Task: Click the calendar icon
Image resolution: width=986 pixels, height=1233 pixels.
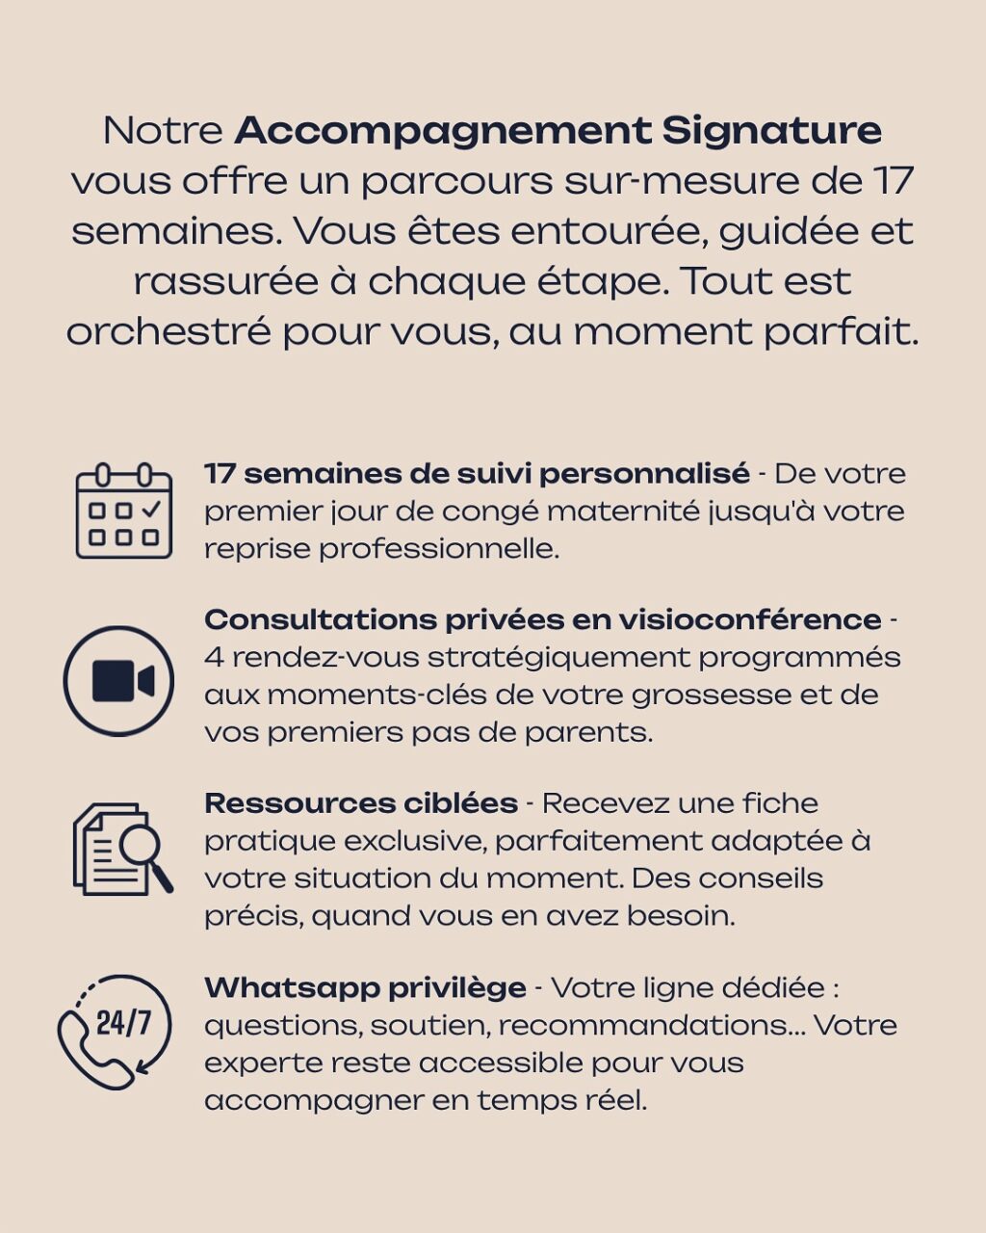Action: point(123,511)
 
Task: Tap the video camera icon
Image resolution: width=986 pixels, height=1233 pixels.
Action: point(119,681)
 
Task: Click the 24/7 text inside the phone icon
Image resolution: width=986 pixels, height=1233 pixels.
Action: point(124,1023)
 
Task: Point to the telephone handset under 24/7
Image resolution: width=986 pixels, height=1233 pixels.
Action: point(92,1055)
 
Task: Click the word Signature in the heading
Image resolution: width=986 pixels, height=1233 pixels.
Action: point(772,130)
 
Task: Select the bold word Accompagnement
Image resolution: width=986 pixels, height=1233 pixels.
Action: point(443,130)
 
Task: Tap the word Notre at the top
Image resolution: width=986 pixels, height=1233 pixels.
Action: point(163,130)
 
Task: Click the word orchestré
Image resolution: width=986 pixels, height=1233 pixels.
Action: point(169,332)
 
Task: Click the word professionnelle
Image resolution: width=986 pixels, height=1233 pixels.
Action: point(439,548)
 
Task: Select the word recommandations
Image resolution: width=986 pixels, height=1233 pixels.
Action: point(642,1025)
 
